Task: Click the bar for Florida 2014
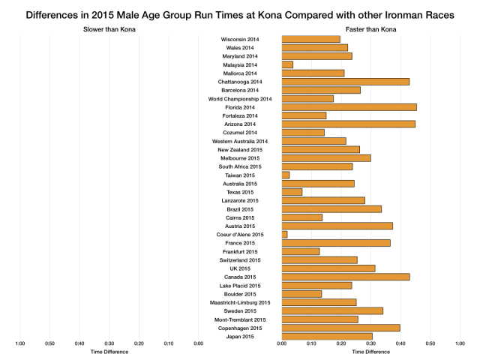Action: tap(349, 107)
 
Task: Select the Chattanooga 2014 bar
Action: tap(345, 81)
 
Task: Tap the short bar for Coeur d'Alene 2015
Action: tap(284, 235)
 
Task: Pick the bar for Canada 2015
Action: tap(345, 277)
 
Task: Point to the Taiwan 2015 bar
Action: tap(286, 175)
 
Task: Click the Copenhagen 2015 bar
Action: tap(340, 328)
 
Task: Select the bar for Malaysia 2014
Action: tap(287, 64)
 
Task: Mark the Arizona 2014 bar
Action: tap(348, 124)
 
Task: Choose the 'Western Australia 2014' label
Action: tap(240, 141)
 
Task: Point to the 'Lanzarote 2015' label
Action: tap(241, 200)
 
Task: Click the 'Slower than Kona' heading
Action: tap(109, 29)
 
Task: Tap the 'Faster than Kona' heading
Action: tap(371, 29)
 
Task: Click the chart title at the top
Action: tap(240, 13)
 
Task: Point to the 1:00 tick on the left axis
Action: tap(20, 343)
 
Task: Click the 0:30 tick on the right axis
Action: tap(370, 343)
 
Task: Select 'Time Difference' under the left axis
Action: tap(109, 351)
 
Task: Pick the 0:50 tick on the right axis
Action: tap(430, 343)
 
